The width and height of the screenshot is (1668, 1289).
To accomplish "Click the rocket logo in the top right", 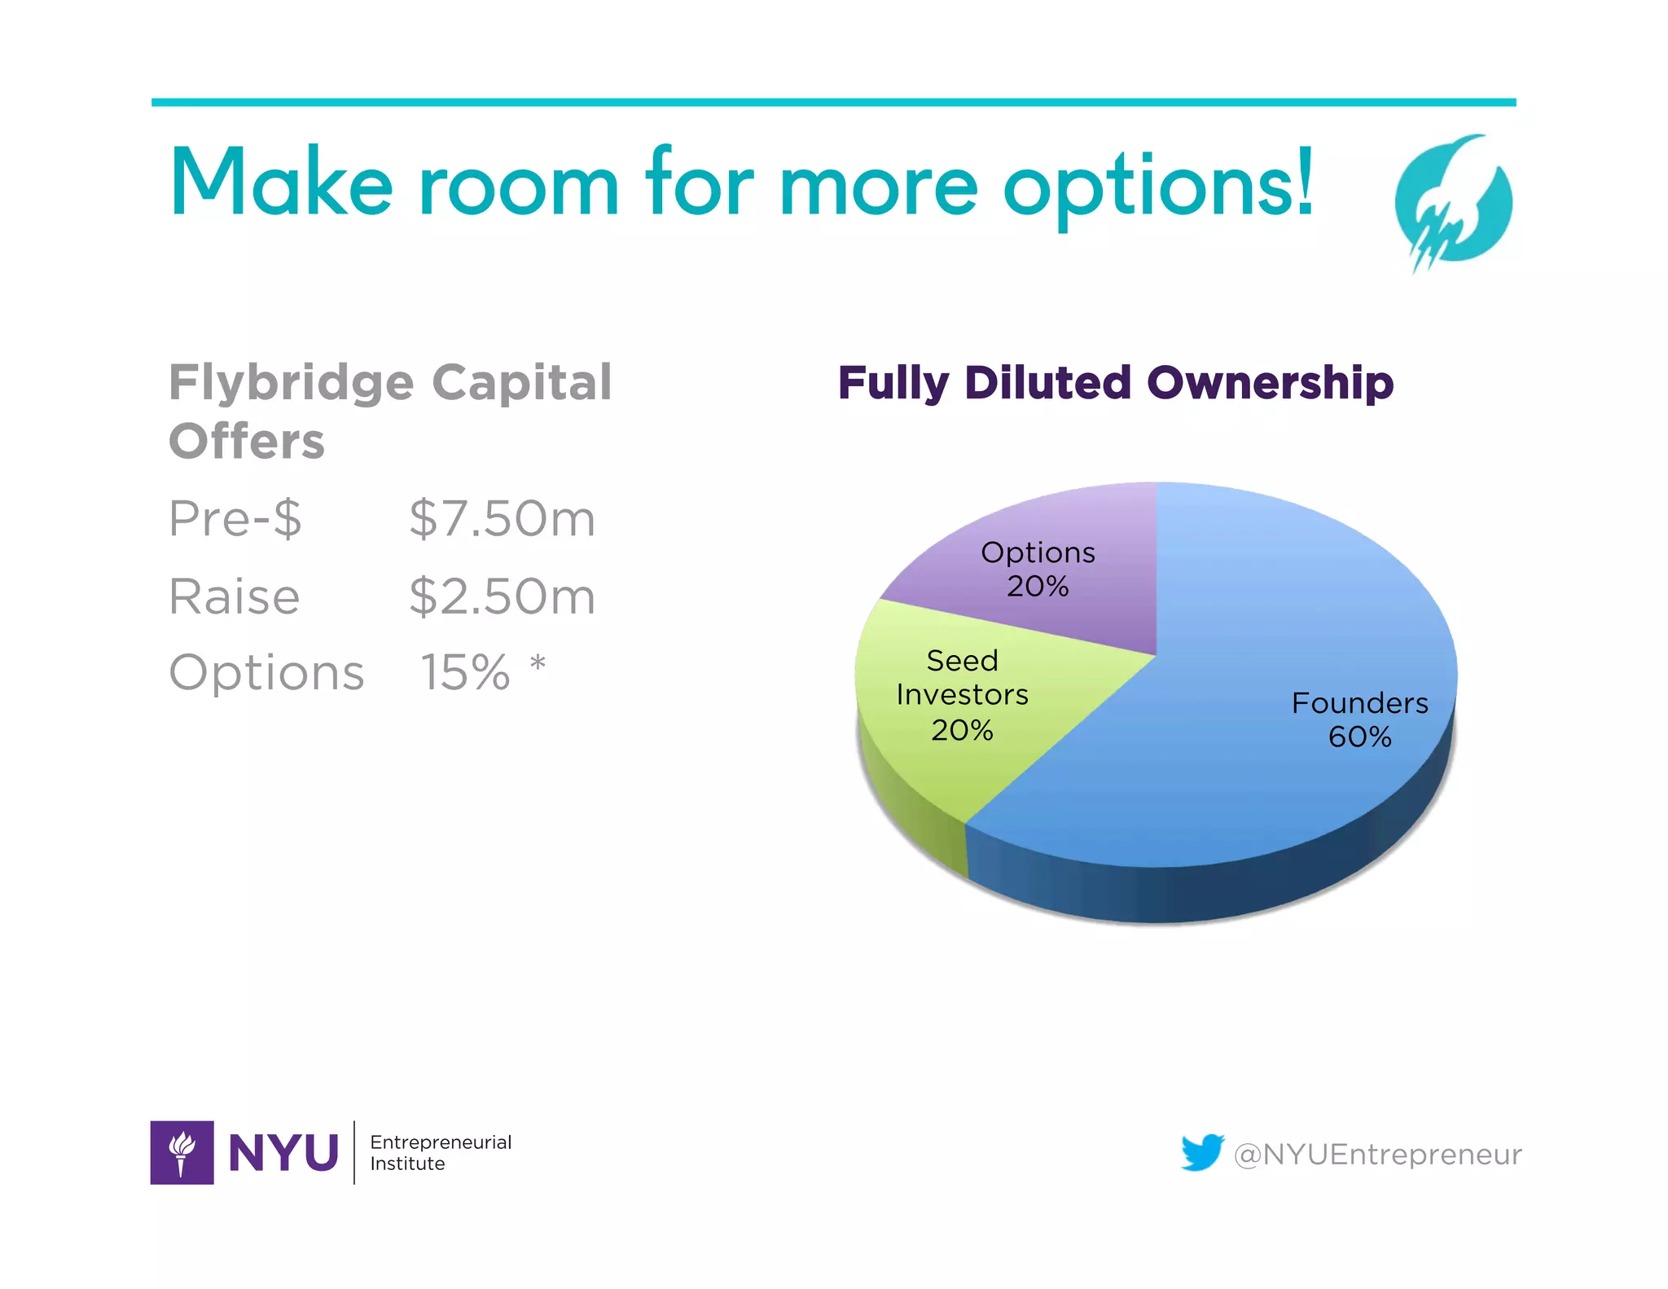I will pyautogui.click(x=1453, y=202).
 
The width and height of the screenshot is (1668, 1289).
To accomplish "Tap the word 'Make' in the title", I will pyautogui.click(x=281, y=183).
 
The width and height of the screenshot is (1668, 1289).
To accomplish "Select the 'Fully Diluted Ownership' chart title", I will pyautogui.click(x=1115, y=383).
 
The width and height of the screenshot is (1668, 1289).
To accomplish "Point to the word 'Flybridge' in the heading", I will pyautogui.click(x=291, y=383).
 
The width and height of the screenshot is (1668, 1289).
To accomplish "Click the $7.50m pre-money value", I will pyautogui.click(x=502, y=519).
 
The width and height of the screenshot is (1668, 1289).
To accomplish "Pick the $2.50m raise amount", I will pyautogui.click(x=502, y=596).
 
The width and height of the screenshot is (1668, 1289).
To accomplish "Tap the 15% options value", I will pyautogui.click(x=464, y=673).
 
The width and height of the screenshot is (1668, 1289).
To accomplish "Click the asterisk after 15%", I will pyautogui.click(x=538, y=663).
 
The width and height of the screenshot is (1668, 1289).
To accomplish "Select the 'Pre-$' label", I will pyautogui.click(x=235, y=519).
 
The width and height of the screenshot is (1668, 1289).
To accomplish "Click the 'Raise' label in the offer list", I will pyautogui.click(x=235, y=596).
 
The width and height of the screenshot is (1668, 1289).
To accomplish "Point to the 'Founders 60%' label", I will pyautogui.click(x=1359, y=719).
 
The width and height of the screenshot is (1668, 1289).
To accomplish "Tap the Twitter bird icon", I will pyautogui.click(x=1202, y=1152).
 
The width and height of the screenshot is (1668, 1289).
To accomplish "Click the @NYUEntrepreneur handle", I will pyautogui.click(x=1377, y=1155).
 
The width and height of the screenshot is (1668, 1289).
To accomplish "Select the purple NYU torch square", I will pyautogui.click(x=182, y=1152).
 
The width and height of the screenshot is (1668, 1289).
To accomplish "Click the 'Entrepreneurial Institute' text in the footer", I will pyautogui.click(x=441, y=1152).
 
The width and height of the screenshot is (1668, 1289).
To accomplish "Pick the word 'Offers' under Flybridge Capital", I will pyautogui.click(x=247, y=442).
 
